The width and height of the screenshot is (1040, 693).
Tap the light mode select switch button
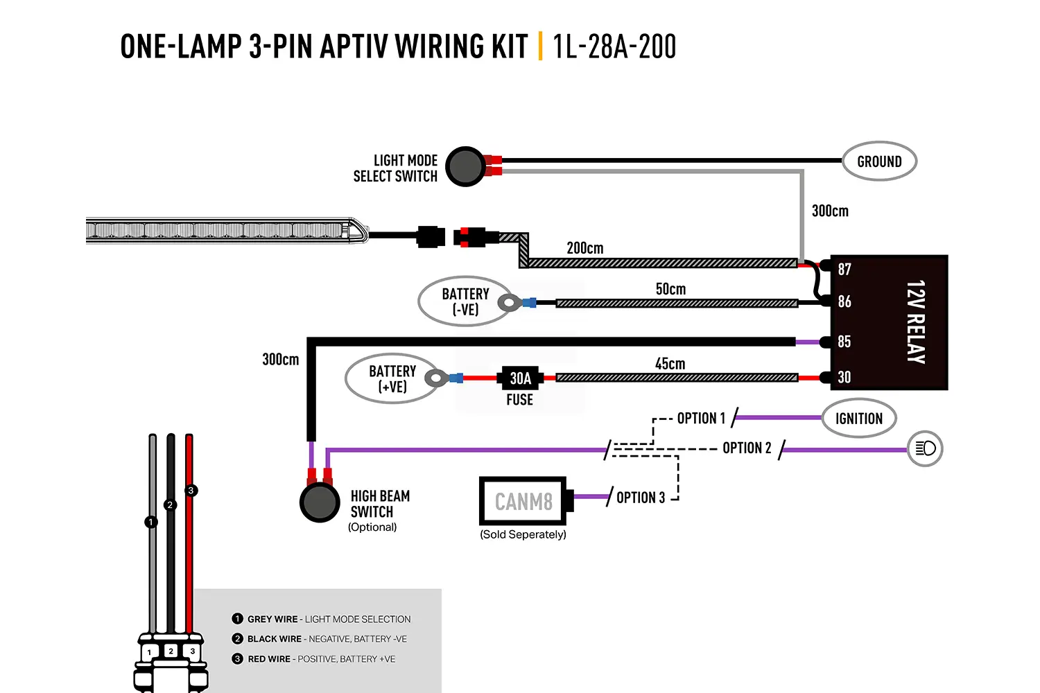[465, 166]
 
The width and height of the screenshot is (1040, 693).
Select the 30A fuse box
[520, 378]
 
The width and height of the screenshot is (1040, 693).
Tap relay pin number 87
[844, 269]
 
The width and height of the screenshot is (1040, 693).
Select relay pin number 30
[844, 377]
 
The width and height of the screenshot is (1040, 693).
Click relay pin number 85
[844, 342]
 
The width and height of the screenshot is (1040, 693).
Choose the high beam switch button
[320, 502]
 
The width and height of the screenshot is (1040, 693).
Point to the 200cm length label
[585, 248]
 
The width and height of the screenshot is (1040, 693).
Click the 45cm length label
[670, 363]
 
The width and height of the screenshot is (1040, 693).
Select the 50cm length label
[670, 289]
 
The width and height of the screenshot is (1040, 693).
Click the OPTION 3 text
[641, 498]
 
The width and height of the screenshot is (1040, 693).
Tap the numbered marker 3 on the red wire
[191, 491]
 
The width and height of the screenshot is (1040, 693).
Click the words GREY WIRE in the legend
[272, 620]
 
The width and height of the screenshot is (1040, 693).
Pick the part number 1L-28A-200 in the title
[615, 46]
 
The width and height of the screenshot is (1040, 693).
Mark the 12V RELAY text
[916, 322]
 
